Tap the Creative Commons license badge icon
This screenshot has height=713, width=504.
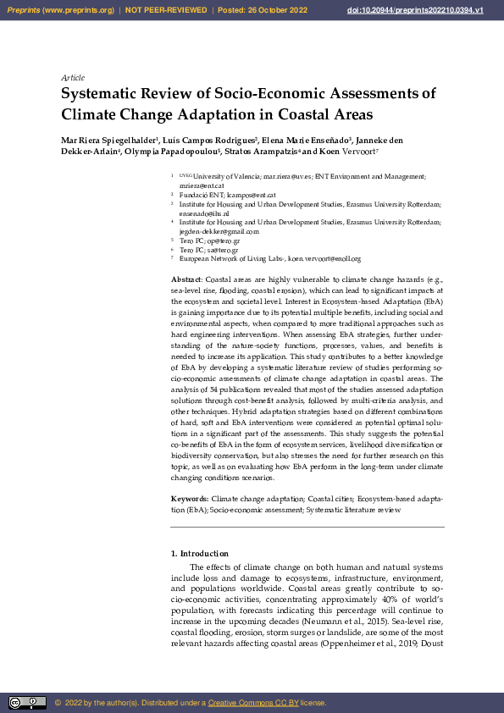coord(27,703)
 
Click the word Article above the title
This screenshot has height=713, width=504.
coord(73,77)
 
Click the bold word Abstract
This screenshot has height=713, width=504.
coord(186,279)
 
